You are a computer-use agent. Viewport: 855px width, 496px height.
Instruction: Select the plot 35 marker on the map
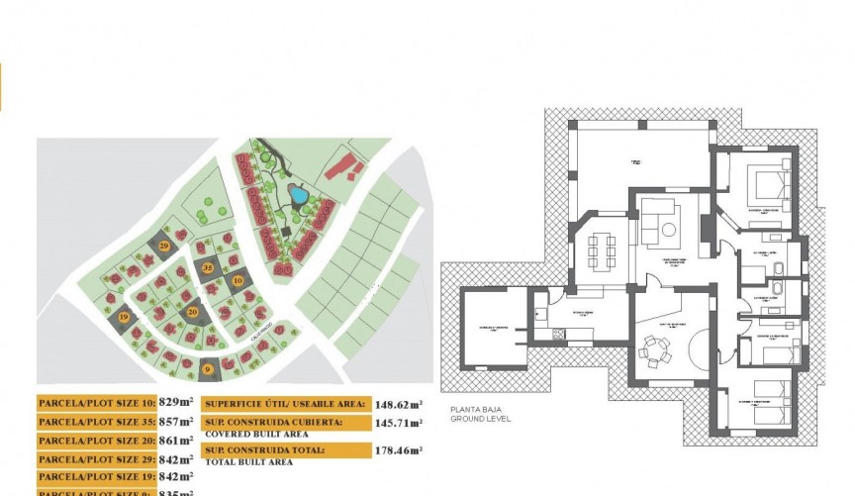coord(208,267)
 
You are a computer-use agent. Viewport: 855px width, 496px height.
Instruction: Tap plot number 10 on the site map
coord(237,281)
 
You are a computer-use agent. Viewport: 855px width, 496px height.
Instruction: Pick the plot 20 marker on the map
coord(192,312)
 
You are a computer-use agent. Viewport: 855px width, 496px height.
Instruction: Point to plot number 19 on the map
coord(124,317)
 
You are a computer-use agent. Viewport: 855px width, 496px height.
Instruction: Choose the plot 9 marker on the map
coord(207,370)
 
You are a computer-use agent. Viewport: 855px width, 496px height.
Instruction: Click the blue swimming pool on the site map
coord(297,194)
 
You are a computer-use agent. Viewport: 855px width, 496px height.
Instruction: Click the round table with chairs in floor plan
coord(654,348)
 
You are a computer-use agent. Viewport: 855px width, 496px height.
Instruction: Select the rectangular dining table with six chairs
coord(601,250)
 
